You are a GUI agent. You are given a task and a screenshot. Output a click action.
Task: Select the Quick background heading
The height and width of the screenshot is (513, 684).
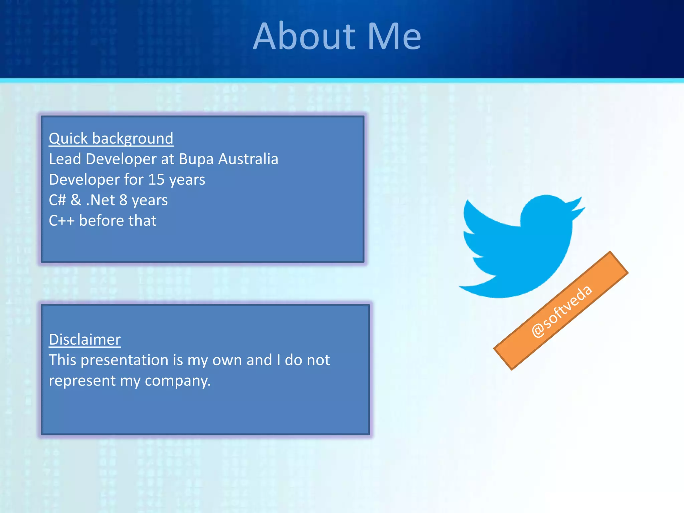coord(111,139)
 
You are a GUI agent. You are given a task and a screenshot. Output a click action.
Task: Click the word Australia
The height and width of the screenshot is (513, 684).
coord(248,159)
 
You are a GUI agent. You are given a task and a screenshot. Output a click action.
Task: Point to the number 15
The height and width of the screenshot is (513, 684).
coord(156,180)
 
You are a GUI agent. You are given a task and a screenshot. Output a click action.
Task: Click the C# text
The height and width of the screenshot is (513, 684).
coord(57,200)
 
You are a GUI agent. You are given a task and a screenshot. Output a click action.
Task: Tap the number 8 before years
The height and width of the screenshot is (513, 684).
coord(123,200)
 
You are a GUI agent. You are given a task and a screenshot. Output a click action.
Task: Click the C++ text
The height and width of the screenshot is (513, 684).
coord(61,221)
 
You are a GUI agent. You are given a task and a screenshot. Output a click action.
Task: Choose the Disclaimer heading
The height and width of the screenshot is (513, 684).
coord(85,340)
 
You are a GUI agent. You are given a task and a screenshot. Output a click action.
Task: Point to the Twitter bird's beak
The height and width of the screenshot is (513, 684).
coord(579,205)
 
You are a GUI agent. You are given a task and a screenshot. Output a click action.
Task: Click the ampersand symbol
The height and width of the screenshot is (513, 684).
coord(76,200)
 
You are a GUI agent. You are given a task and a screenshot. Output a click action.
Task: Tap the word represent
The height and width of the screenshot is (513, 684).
coord(82,381)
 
